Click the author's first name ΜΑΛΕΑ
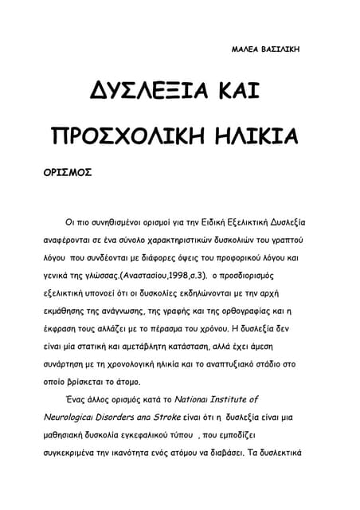click(x=243, y=49)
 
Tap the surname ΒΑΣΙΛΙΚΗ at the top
click(x=278, y=49)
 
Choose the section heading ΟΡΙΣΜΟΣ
click(x=68, y=171)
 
